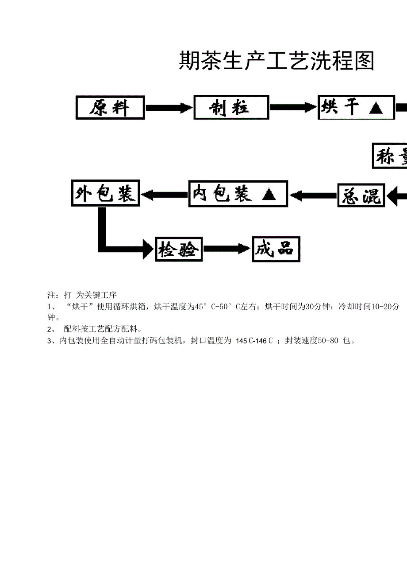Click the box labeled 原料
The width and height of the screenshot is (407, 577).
(x=110, y=107)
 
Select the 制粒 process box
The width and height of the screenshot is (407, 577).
(x=231, y=107)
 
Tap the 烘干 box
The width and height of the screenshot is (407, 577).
(x=356, y=107)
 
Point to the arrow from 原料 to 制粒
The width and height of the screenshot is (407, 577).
(x=169, y=107)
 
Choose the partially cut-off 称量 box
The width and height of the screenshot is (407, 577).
(x=390, y=156)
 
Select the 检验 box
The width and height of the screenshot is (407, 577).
(x=178, y=249)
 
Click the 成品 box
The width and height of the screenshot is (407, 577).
(x=276, y=249)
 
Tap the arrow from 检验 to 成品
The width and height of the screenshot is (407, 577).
(x=227, y=249)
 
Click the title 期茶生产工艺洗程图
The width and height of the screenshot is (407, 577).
(x=276, y=61)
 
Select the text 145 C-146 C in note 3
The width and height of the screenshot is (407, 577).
(x=254, y=341)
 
